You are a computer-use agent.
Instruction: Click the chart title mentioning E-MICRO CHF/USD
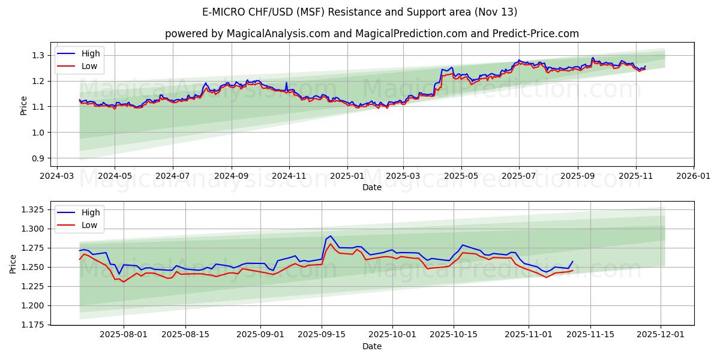(360, 12)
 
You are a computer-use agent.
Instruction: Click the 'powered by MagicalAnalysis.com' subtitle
(372, 34)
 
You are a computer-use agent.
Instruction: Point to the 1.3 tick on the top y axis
(38, 55)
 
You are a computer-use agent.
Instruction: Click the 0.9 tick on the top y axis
(38, 158)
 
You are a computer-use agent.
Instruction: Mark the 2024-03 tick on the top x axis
(56, 176)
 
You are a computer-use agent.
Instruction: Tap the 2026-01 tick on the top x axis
(694, 176)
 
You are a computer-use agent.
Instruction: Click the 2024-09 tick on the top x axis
(231, 176)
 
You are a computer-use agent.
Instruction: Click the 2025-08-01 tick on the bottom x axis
(124, 335)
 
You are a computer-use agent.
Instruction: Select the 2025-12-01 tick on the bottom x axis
(661, 335)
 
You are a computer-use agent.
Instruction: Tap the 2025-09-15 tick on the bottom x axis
(322, 335)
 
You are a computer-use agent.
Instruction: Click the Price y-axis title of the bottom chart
(13, 263)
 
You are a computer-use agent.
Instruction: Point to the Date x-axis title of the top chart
(372, 187)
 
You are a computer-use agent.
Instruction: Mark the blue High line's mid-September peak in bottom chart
(330, 236)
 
